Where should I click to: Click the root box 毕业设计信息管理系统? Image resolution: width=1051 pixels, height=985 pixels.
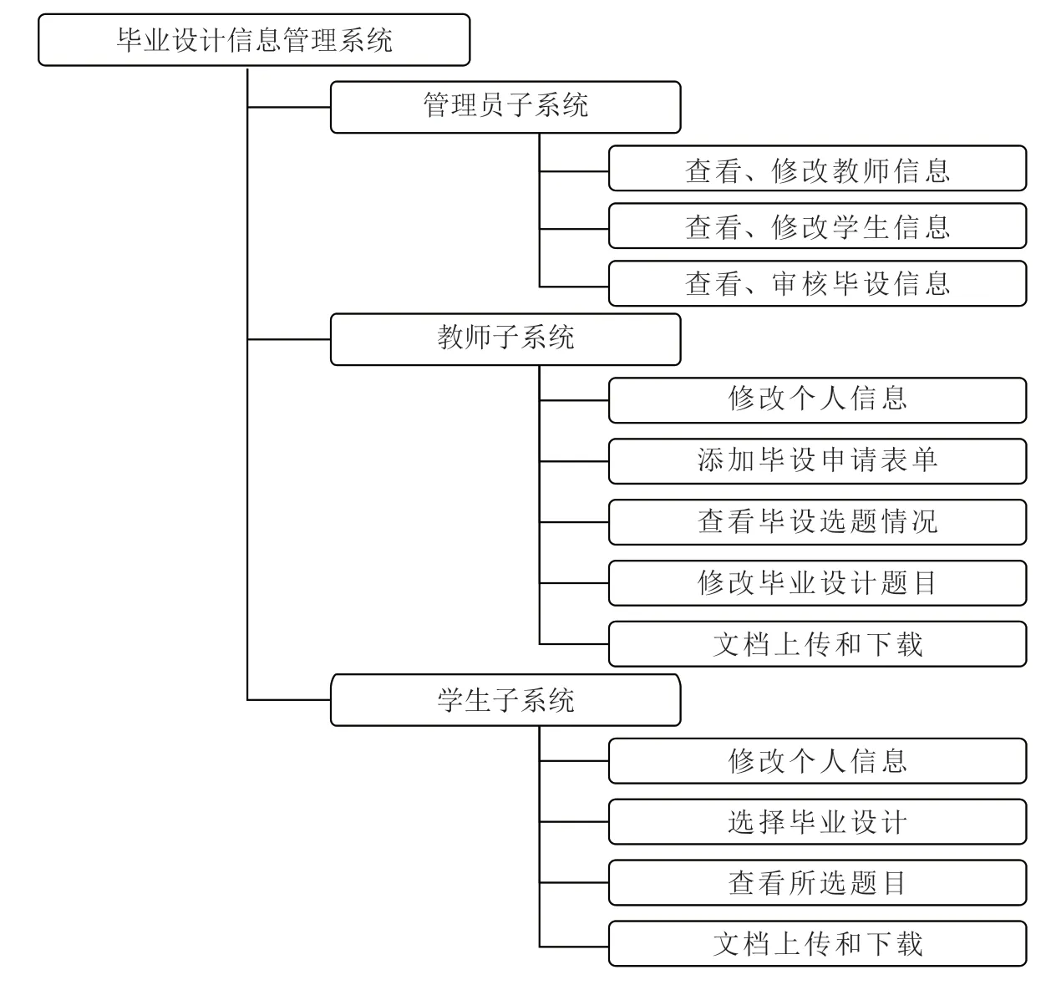pos(254,40)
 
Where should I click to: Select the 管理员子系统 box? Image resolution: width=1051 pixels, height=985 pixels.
pos(505,107)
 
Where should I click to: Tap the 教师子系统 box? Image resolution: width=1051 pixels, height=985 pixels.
pos(505,339)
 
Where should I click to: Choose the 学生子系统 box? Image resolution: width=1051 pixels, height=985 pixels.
pos(505,700)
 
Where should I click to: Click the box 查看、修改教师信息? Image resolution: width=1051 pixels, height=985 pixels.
pos(818,168)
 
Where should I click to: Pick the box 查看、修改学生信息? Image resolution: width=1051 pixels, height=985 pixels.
pos(818,226)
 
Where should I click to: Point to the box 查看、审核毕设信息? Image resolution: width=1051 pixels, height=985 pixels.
pos(818,284)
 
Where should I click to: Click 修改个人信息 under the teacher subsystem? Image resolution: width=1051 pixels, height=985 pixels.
pos(818,400)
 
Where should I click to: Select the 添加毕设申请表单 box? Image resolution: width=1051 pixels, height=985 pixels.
pos(818,461)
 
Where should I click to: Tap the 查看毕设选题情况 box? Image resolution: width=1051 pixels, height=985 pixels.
pos(818,522)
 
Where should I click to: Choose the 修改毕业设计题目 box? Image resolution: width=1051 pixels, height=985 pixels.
pos(818,583)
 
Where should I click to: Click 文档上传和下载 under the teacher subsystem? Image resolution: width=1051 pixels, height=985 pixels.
pos(818,643)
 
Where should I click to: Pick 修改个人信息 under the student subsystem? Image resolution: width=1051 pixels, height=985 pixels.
pos(818,760)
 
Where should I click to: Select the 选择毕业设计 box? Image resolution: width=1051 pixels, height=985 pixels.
pos(818,821)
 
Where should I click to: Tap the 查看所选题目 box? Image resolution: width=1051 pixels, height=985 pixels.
pos(818,882)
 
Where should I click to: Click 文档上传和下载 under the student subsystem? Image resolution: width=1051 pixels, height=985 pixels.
pos(818,943)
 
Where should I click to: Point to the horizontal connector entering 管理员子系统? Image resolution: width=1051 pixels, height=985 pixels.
pos(289,108)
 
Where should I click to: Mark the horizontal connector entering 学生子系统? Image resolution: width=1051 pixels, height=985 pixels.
pos(289,700)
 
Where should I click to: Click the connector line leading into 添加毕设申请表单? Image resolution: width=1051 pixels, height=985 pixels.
pos(574,461)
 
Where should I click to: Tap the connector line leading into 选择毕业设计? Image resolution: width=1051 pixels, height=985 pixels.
pos(574,822)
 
